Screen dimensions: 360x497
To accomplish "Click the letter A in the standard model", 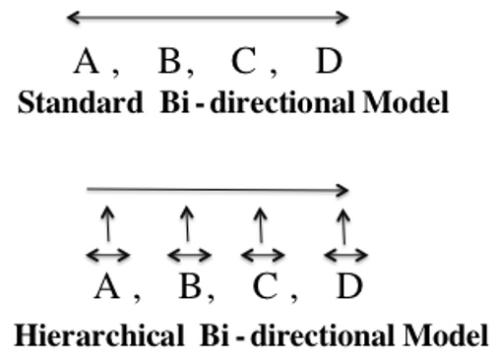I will point(88,62).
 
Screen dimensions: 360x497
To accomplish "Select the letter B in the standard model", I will point(169,62).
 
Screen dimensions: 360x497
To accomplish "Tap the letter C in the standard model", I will point(244,62).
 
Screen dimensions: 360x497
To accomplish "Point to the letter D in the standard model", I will point(329,62).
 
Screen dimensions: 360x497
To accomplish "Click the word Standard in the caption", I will point(81,102).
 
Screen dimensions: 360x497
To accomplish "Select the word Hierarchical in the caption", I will point(93,334).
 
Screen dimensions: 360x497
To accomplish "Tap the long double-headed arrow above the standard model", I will point(208,17).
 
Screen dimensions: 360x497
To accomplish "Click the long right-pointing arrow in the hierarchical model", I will point(217,189).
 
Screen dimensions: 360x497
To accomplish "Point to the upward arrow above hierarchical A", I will point(107,224).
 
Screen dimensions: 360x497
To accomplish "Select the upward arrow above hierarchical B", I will point(187,224).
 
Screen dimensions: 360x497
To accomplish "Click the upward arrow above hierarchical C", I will point(260,224).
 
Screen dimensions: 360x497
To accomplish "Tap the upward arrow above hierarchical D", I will point(342,224).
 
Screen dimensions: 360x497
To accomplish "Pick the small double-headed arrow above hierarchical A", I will point(107,255).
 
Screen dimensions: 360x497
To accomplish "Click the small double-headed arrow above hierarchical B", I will point(188,255).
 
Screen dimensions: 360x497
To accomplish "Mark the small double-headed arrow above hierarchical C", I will point(261,255).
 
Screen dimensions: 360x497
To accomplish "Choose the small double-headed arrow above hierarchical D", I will point(345,255).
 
